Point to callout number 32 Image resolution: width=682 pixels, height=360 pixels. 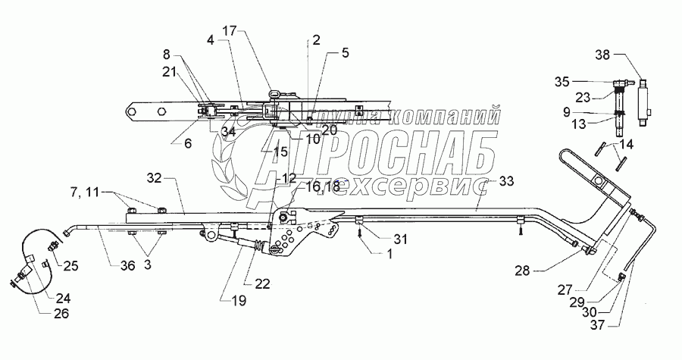click(155, 178)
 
